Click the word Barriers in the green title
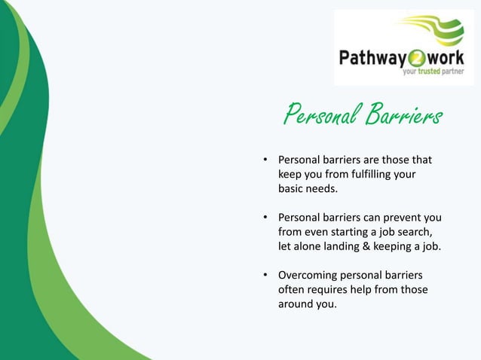(403, 116)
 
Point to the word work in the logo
(451, 57)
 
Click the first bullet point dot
(265, 160)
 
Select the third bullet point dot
(265, 275)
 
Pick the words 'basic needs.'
(308, 189)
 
